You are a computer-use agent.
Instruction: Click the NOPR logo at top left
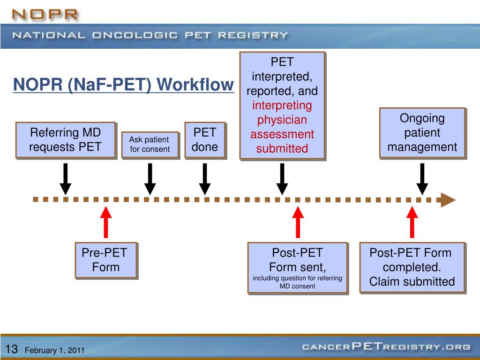(x=45, y=14)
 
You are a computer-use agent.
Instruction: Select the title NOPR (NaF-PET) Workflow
(x=123, y=85)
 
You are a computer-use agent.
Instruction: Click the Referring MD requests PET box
(x=66, y=139)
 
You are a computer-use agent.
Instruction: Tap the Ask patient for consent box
(x=150, y=145)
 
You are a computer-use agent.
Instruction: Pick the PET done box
(x=205, y=139)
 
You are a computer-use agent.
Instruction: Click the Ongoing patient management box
(x=422, y=133)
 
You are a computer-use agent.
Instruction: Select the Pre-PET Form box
(x=106, y=260)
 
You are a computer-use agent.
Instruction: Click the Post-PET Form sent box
(x=298, y=268)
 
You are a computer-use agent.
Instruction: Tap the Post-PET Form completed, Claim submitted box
(x=412, y=267)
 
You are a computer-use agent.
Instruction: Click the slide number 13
(x=12, y=349)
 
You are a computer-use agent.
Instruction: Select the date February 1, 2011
(x=54, y=350)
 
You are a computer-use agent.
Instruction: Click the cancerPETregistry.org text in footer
(x=386, y=347)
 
